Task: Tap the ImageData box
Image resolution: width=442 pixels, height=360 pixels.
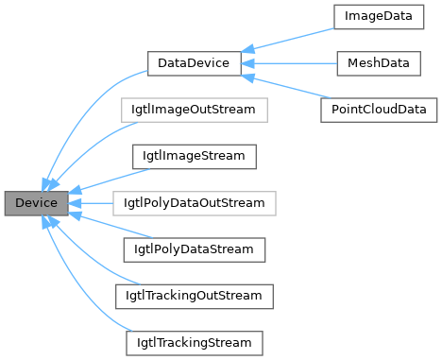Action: pos(377,17)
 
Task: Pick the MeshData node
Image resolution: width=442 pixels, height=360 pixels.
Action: pos(377,63)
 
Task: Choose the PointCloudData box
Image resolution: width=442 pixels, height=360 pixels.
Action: pos(377,110)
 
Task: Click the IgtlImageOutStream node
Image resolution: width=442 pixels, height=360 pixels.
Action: pos(194,110)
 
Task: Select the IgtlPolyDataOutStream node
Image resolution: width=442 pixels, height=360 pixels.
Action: pos(194,203)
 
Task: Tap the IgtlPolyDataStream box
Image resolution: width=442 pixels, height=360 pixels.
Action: pos(194,249)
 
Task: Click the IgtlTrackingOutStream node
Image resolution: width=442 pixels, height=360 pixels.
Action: pos(194,296)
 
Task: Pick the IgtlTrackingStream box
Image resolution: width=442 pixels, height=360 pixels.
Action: pos(194,342)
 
